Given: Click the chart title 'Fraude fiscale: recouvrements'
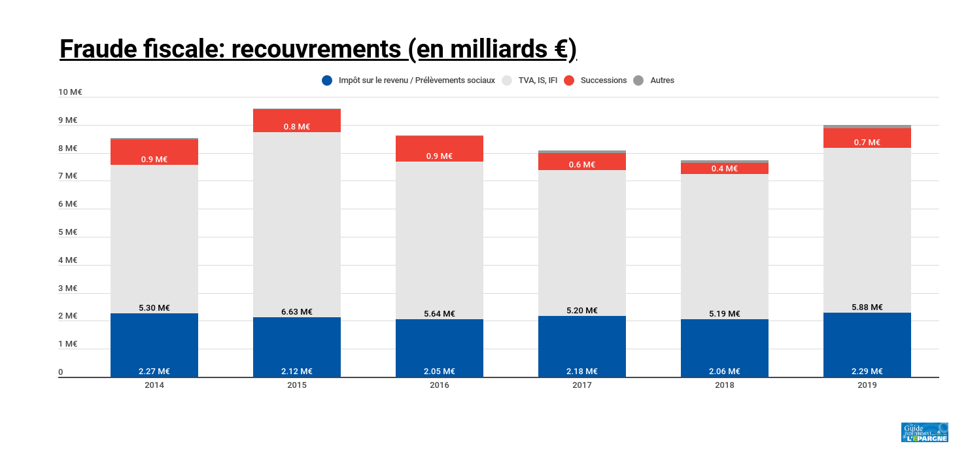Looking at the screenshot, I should point(318,49).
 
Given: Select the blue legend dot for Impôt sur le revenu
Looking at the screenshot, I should point(327,80).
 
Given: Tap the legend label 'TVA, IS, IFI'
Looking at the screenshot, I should point(538,80).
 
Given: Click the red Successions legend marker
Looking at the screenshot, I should point(569,80).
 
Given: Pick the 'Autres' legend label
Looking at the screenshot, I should point(662,80).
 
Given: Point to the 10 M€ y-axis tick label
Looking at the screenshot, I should point(70,92).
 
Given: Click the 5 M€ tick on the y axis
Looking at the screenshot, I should point(68,232).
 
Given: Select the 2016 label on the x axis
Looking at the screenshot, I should point(440,385).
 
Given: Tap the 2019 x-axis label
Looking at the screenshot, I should point(867,385).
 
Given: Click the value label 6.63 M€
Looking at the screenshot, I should point(297,312).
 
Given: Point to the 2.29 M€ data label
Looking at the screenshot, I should point(867,372).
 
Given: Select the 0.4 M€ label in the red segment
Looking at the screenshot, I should point(725,169).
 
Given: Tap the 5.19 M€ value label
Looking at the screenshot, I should point(725,314).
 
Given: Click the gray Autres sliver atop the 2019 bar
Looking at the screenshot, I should point(867,126).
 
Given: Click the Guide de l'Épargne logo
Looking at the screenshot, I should point(924,432).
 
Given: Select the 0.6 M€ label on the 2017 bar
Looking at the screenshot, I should point(582,165).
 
